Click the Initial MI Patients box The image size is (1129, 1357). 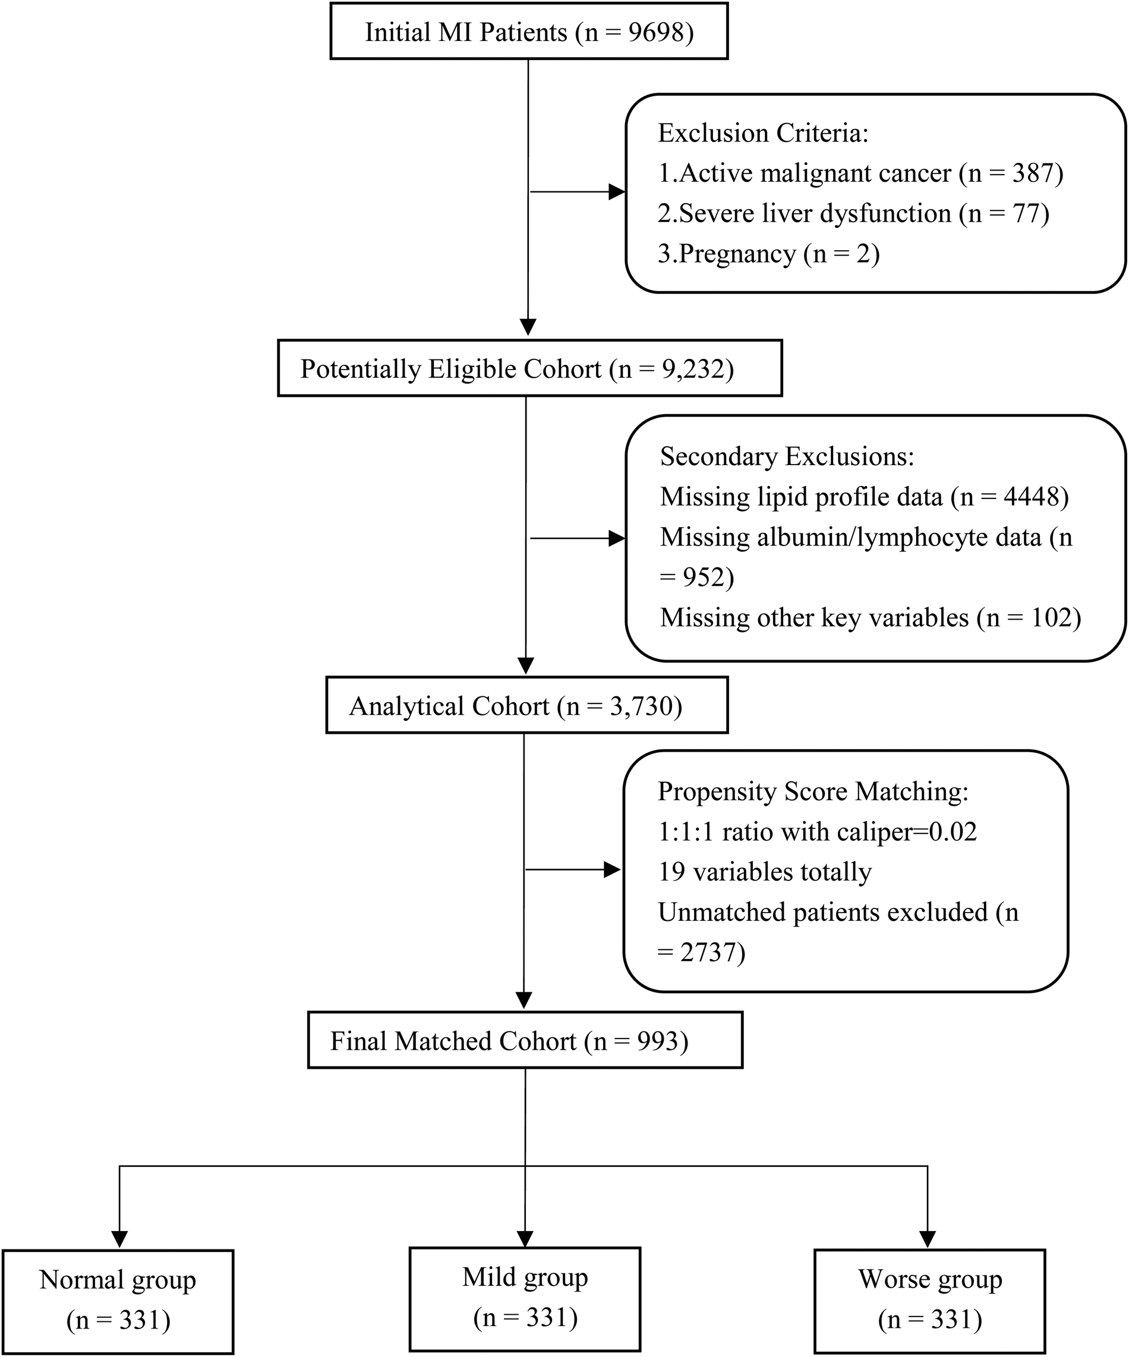529,31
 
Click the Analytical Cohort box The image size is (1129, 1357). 526,705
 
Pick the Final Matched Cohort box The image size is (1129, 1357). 525,1040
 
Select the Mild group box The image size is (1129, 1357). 525,1299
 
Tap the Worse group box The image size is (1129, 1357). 929,1300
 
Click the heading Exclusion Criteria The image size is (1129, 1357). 763,133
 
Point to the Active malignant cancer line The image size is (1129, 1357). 859,173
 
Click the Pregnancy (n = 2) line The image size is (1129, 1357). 768,254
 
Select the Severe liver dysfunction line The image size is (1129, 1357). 853,213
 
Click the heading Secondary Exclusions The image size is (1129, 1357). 787,457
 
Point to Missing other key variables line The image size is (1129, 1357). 870,618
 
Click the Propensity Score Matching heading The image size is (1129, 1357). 813,791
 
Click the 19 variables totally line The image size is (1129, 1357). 765,872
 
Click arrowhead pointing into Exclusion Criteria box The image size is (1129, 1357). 617,192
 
